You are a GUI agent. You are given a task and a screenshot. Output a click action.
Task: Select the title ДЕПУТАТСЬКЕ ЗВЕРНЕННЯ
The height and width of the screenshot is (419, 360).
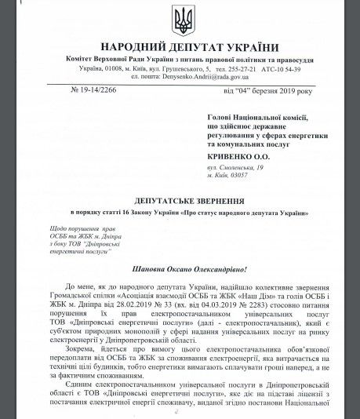[179, 201]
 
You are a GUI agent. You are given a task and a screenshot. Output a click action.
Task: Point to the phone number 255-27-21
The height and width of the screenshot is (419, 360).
[239, 69]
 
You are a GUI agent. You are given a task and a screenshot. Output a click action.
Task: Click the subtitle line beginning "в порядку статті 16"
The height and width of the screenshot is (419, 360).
[179, 213]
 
